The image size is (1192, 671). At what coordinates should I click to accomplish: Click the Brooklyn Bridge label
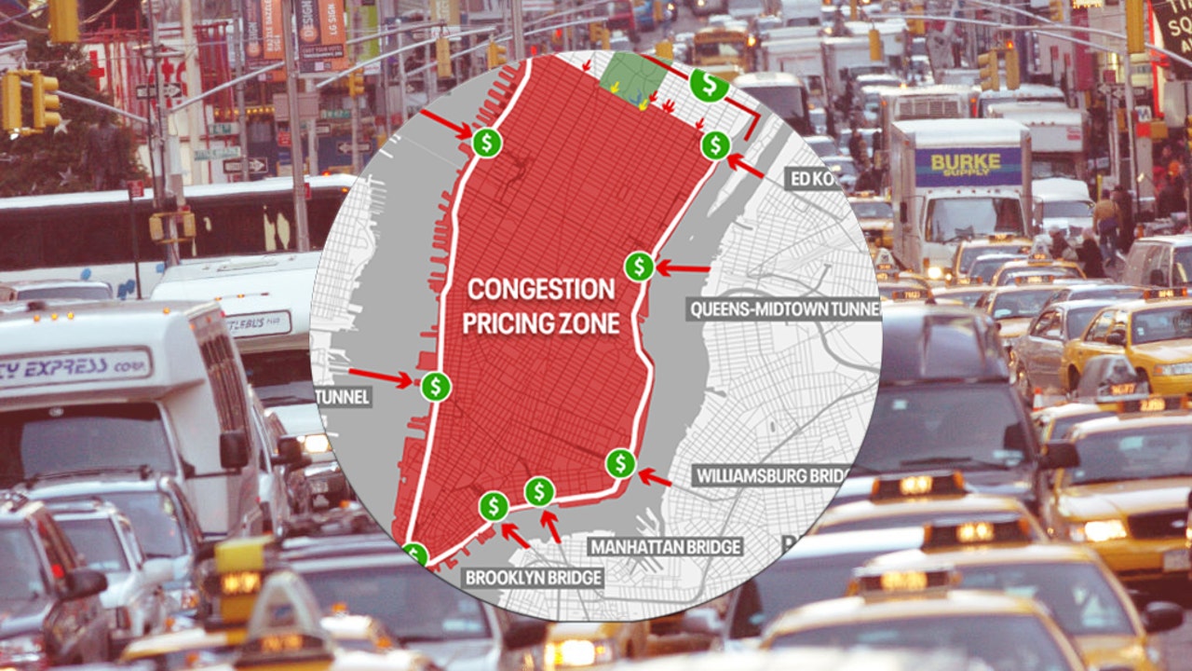tap(534, 578)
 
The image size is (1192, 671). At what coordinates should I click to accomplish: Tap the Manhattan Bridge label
tap(665, 546)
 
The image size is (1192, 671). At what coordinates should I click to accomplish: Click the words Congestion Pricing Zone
tap(541, 306)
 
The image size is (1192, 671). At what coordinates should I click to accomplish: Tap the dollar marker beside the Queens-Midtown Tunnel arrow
tap(639, 267)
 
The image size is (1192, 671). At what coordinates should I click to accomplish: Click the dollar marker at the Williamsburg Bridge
tap(620, 462)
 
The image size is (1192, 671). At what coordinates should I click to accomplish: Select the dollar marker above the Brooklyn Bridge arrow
tap(494, 506)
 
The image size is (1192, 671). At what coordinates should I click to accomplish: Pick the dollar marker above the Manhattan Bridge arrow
tap(539, 490)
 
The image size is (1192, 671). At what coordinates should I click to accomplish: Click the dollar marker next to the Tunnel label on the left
tap(435, 386)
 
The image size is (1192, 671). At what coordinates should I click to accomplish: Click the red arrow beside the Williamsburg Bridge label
tap(655, 478)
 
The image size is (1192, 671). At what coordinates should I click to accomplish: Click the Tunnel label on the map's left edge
tap(344, 398)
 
